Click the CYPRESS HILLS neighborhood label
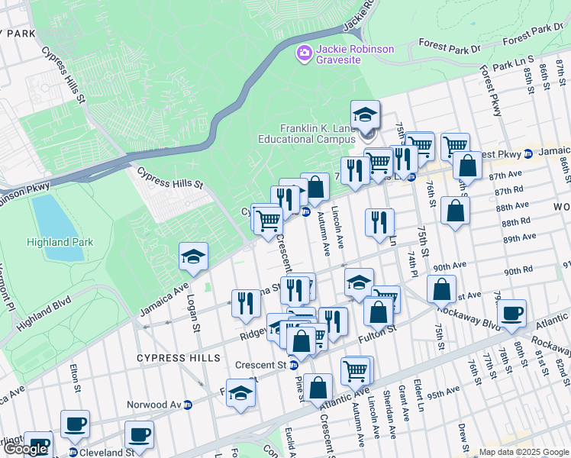[178, 357]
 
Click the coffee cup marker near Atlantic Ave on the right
[511, 312]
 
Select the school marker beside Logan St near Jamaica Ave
[194, 256]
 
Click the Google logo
[25, 450]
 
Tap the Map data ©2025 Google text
[523, 452]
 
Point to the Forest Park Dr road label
[444, 47]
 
